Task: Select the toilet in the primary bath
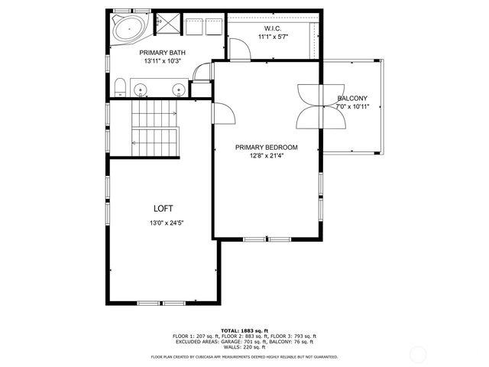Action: tap(121, 86)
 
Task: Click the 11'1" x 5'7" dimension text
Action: tap(272, 37)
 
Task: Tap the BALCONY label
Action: tap(352, 98)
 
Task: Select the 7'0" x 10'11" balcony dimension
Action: tap(352, 107)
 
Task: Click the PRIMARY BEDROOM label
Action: tap(267, 147)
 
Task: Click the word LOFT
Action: tap(164, 208)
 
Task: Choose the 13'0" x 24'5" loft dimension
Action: tap(167, 223)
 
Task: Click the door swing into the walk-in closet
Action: tap(240, 47)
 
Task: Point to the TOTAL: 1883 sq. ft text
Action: tap(244, 330)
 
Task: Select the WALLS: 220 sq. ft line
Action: tap(244, 346)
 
